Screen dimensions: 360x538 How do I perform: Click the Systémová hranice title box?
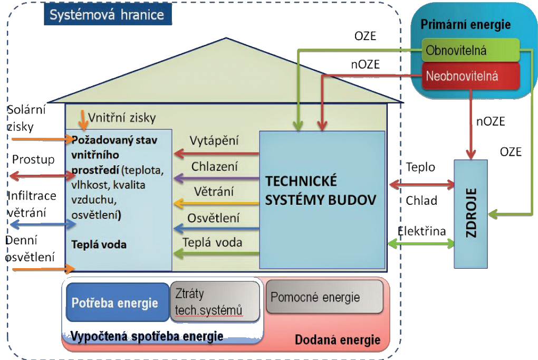pos(107,14)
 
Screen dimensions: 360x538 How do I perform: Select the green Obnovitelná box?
pos(470,51)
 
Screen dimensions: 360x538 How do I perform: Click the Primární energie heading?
pos(465,25)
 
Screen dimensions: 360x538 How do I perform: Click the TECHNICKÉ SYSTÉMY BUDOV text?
pos(321,190)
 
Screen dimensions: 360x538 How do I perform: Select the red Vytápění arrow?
pos(216,154)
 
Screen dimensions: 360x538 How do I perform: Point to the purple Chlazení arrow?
pos(216,178)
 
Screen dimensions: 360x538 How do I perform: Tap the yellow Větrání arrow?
pos(216,203)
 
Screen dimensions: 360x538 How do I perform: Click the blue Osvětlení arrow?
pos(216,229)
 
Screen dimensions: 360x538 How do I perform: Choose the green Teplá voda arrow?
pos(216,254)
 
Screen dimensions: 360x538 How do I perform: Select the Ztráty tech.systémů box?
pos(215,301)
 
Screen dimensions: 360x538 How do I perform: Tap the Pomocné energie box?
pos(324,297)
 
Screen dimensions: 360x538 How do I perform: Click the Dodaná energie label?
pos(338,340)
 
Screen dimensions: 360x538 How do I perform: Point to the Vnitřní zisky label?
pos(121,118)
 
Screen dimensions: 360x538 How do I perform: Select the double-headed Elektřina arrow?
pos(421,243)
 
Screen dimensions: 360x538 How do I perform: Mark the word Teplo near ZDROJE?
pos(420,167)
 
